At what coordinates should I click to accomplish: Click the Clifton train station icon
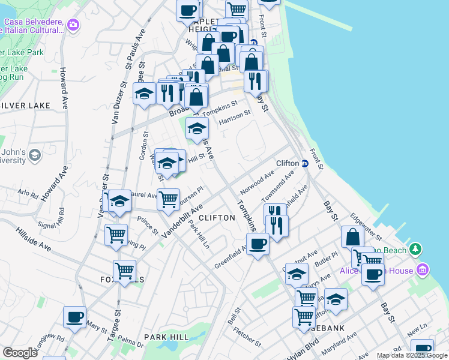point(304,163)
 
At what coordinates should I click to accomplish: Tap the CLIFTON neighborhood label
point(216,218)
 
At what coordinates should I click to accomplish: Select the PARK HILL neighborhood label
point(166,338)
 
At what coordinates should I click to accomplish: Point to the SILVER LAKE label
point(25,106)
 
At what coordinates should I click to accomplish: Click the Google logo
point(20,353)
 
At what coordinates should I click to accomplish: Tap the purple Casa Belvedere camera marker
point(73,25)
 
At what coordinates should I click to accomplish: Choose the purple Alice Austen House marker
point(424,271)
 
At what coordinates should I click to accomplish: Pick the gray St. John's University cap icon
point(35,155)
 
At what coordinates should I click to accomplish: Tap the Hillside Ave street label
point(34,238)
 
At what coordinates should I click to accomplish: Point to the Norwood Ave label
point(257,181)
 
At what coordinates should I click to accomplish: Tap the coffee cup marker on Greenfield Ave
point(258,244)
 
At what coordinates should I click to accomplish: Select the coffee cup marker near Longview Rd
point(74,316)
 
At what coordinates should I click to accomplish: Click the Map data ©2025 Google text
point(412,355)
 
